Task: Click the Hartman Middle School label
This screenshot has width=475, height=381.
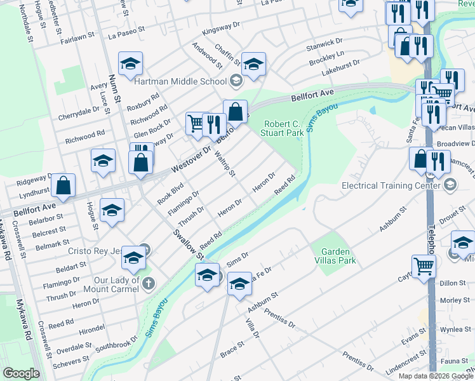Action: [180, 81]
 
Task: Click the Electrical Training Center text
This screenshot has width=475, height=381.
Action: [390, 186]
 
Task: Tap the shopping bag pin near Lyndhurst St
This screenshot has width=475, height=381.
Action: [64, 185]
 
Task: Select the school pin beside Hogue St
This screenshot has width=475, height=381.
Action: [112, 210]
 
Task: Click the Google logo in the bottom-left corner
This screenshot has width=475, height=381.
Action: [20, 373]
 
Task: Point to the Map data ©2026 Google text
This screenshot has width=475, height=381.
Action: [435, 376]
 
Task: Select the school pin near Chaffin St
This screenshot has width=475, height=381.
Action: [253, 64]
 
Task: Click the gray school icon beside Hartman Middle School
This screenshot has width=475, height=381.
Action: [236, 81]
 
